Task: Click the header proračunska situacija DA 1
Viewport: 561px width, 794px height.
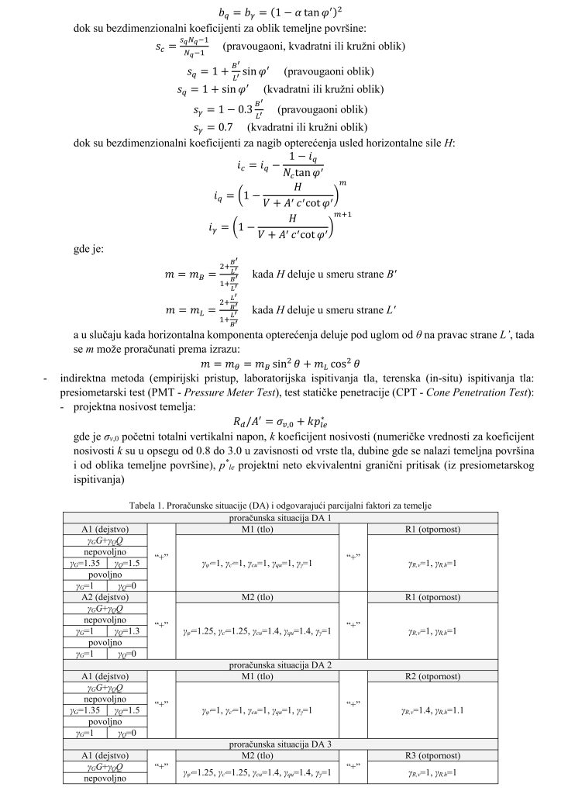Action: tap(280, 516)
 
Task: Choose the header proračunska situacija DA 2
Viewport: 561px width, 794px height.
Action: tap(280, 665)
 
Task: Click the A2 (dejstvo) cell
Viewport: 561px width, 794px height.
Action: tap(104, 597)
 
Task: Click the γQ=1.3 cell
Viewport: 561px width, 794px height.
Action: tap(125, 630)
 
